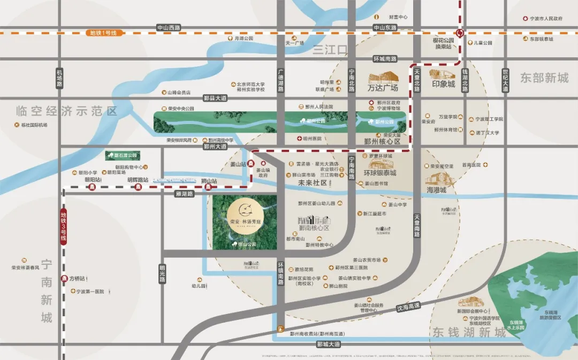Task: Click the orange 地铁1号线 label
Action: [x=106, y=33]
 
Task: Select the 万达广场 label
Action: [x=383, y=87]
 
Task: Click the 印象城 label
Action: [x=444, y=84]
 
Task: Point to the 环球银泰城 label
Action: [x=380, y=173]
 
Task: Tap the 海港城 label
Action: [x=436, y=190]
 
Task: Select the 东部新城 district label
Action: [x=544, y=78]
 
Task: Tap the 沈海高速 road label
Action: [x=408, y=307]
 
